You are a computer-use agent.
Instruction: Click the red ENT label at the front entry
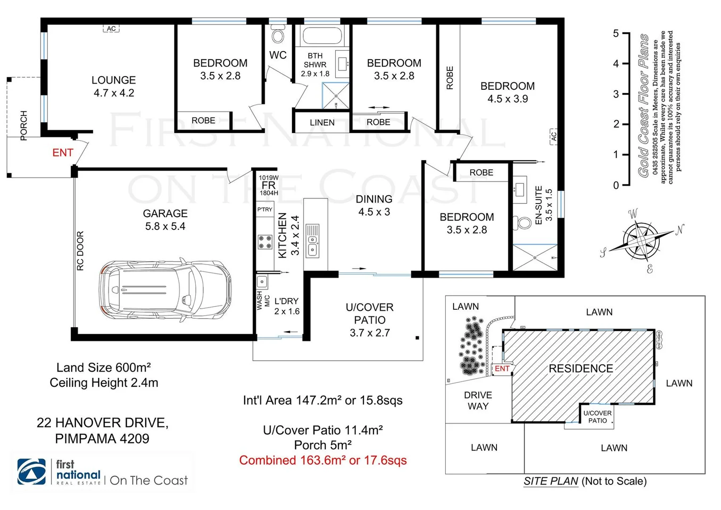(x=63, y=153)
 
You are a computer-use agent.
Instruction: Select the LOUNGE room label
(x=114, y=80)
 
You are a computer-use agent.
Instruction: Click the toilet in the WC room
(x=278, y=34)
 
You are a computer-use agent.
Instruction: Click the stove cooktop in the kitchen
(x=265, y=242)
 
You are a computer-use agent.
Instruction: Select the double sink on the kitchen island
(x=312, y=240)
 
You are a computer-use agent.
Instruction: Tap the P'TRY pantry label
(x=265, y=209)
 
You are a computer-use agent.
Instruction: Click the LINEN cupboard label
(x=322, y=122)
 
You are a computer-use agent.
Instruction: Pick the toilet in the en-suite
(x=522, y=222)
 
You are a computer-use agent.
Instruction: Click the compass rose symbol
(x=641, y=240)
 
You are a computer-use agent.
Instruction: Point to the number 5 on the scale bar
(x=616, y=34)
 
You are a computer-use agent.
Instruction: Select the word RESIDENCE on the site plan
(x=580, y=368)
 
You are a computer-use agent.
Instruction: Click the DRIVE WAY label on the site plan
(x=478, y=400)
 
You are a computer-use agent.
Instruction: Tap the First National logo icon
(x=32, y=471)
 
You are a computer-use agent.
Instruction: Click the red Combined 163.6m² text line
(x=323, y=460)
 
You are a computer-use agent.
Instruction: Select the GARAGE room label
(x=165, y=213)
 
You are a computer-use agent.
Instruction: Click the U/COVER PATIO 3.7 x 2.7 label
(x=370, y=320)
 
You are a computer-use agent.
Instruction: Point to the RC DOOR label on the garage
(x=80, y=251)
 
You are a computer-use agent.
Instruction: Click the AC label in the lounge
(x=111, y=29)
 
